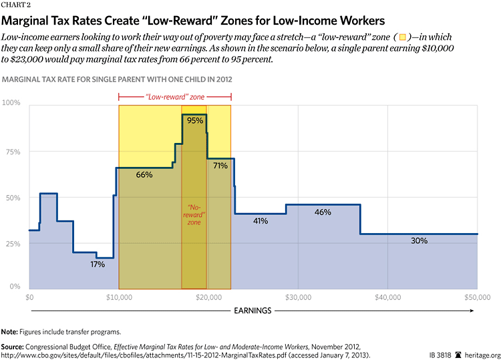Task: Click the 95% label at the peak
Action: click(195, 121)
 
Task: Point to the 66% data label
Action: click(144, 174)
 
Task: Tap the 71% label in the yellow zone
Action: click(220, 165)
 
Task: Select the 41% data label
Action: click(261, 220)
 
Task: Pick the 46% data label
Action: click(323, 212)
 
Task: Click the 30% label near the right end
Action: click(419, 240)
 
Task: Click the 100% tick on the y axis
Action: click(13, 103)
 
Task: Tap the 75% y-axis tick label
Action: click(14, 152)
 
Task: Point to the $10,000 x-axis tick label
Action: click(118, 296)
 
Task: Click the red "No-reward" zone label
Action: click(194, 215)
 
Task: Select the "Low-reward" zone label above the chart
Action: click(174, 97)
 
